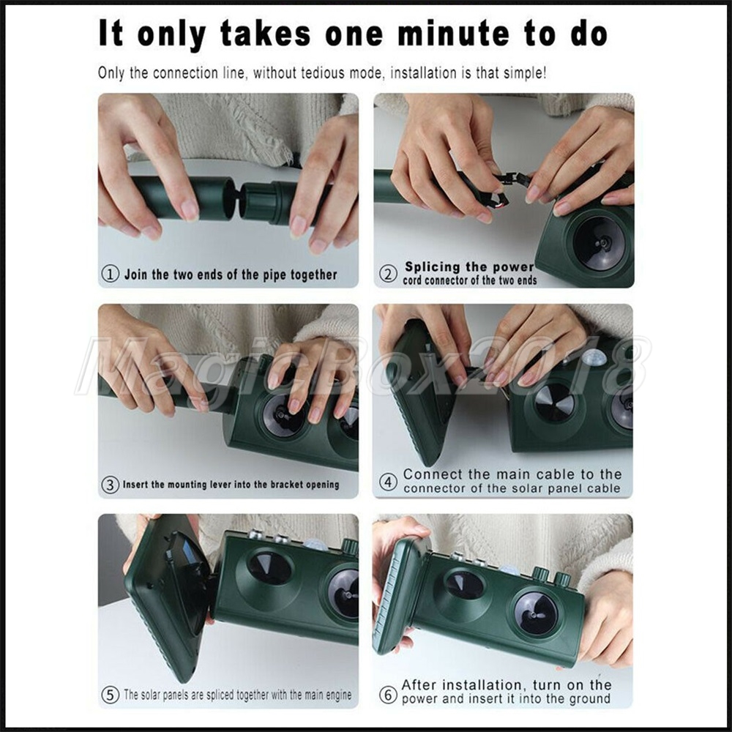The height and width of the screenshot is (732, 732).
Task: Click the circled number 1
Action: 111,274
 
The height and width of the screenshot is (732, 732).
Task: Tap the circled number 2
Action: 388,274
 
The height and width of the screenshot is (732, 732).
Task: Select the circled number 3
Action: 111,485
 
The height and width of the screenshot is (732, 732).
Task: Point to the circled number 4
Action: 388,482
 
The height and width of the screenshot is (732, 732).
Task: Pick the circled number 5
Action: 111,695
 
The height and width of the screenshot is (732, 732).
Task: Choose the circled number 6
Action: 388,695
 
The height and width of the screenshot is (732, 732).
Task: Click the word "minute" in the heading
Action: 453,34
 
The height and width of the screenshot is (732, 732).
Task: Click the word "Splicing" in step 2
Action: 433,267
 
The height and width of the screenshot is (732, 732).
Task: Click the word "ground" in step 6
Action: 589,699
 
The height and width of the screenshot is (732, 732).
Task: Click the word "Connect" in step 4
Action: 433,474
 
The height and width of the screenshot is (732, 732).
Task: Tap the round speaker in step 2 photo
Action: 599,242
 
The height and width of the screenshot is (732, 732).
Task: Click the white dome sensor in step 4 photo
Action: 594,358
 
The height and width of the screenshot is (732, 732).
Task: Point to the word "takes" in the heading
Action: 265,34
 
